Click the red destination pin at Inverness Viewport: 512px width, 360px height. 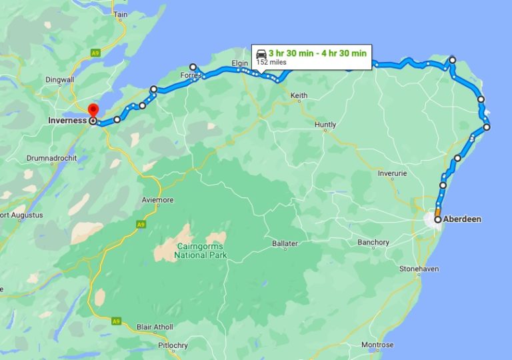[93, 110]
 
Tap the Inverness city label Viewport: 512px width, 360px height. [67, 121]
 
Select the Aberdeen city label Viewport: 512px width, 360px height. [463, 219]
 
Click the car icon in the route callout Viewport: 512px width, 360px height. [261, 53]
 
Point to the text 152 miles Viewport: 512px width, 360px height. [271, 62]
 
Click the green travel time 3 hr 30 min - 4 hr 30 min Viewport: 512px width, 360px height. [317, 53]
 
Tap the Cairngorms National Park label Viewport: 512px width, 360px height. [201, 250]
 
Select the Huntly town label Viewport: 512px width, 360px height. [325, 125]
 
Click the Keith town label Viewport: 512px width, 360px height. [299, 96]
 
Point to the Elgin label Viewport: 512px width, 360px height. [239, 63]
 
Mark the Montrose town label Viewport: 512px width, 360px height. [377, 345]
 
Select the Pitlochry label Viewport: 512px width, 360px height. [173, 345]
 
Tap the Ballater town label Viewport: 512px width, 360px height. [285, 244]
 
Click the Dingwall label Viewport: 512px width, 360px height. [59, 80]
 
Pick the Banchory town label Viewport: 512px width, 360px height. [373, 242]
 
